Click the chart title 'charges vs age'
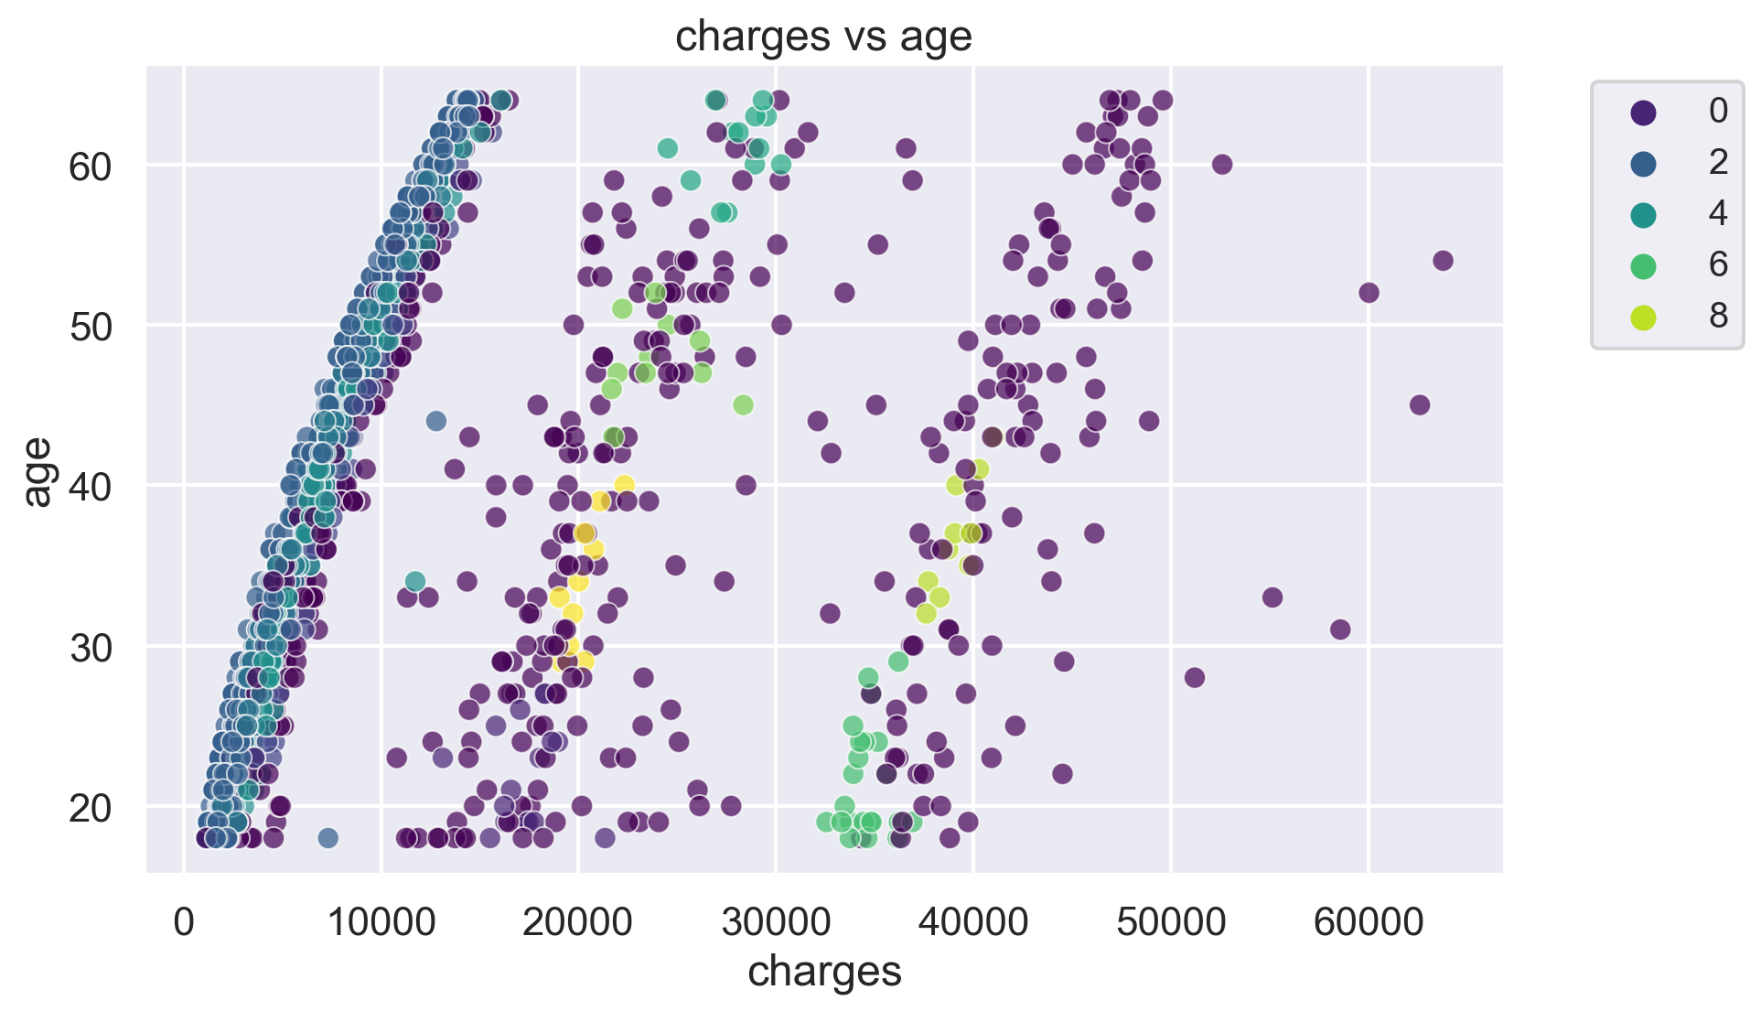coord(823,37)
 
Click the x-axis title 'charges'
coord(824,972)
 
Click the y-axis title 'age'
coord(38,471)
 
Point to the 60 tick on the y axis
coord(90,167)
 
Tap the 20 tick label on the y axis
coord(90,808)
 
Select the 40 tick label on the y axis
coord(90,487)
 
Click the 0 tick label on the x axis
coord(184,922)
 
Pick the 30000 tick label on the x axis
coord(776,922)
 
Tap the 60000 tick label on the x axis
coord(1368,922)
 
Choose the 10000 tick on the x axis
coord(381,922)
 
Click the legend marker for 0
coord(1643,112)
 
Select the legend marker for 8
coord(1643,317)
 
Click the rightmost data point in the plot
coord(1443,261)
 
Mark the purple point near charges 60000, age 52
coord(1369,293)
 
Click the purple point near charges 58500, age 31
coord(1340,629)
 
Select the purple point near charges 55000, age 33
coord(1272,597)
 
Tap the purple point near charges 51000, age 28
coord(1194,677)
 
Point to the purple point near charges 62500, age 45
coord(1419,405)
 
